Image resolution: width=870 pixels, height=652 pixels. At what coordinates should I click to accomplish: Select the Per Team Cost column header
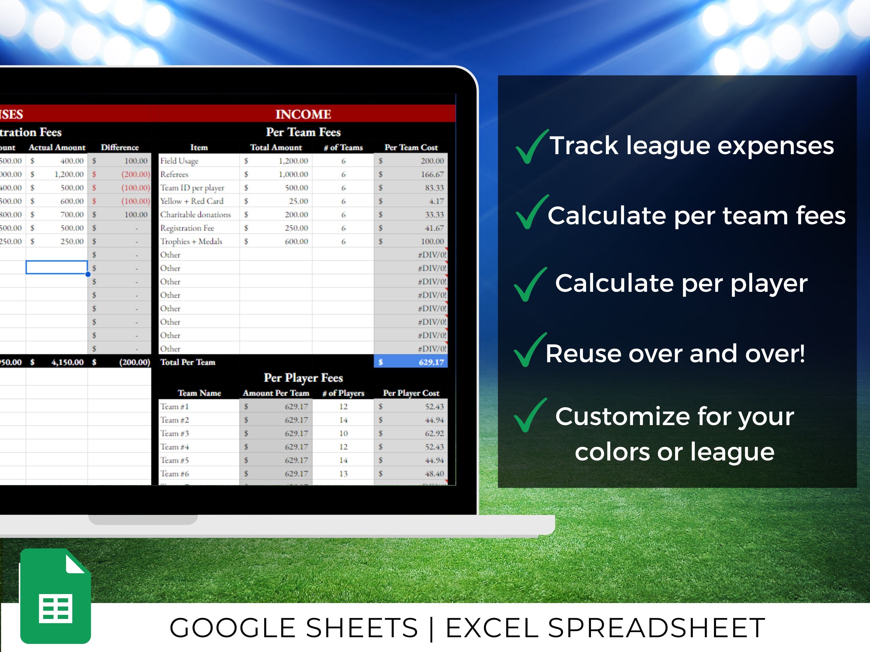(411, 147)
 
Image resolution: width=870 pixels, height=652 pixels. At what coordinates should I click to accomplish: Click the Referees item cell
(174, 174)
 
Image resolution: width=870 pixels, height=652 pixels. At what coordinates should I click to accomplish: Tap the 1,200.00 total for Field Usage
(293, 161)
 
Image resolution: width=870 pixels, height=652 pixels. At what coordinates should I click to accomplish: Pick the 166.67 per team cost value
(432, 174)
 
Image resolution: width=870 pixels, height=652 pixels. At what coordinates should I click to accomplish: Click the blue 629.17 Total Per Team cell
(411, 362)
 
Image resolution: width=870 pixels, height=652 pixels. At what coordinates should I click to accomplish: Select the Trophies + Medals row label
(191, 241)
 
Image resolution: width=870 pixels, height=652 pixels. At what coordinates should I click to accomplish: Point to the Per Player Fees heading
(303, 378)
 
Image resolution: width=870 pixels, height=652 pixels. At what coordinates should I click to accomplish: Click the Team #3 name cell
(175, 433)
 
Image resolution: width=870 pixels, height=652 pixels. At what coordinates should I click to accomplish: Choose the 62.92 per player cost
(434, 433)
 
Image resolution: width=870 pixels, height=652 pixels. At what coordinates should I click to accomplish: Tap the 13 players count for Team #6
(343, 473)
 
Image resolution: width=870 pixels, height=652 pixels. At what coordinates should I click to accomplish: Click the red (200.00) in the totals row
(135, 362)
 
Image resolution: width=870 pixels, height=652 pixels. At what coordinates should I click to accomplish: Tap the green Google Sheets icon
(55, 596)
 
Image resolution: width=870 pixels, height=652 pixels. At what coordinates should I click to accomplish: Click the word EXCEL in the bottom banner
(492, 628)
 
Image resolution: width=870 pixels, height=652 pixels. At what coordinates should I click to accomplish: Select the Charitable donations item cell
(195, 215)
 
